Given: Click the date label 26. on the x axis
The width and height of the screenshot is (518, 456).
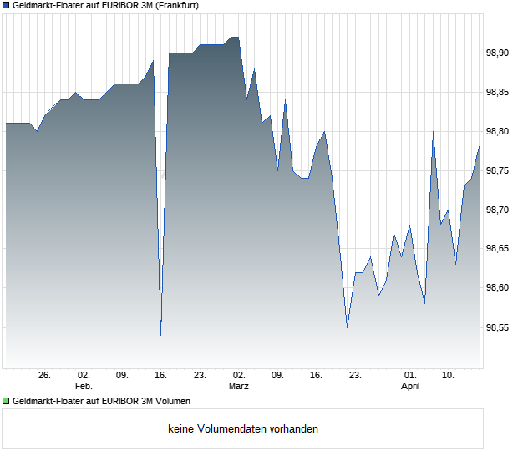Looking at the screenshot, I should (45, 376).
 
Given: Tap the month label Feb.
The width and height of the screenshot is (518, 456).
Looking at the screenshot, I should (84, 387).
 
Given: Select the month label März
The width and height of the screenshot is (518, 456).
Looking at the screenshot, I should (239, 387).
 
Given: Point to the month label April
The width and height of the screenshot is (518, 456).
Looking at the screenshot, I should (410, 387).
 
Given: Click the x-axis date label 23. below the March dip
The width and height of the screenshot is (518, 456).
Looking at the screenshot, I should (355, 376).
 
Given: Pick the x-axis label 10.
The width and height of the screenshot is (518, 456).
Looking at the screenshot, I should (449, 376).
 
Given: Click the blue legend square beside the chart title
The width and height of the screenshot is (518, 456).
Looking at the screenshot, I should (6, 5).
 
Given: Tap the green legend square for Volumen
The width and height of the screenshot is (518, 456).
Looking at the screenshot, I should (6, 401).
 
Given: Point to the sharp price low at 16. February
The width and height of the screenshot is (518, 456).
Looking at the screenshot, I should (160, 335).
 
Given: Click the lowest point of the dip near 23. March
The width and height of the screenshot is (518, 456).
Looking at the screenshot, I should (347, 327).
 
